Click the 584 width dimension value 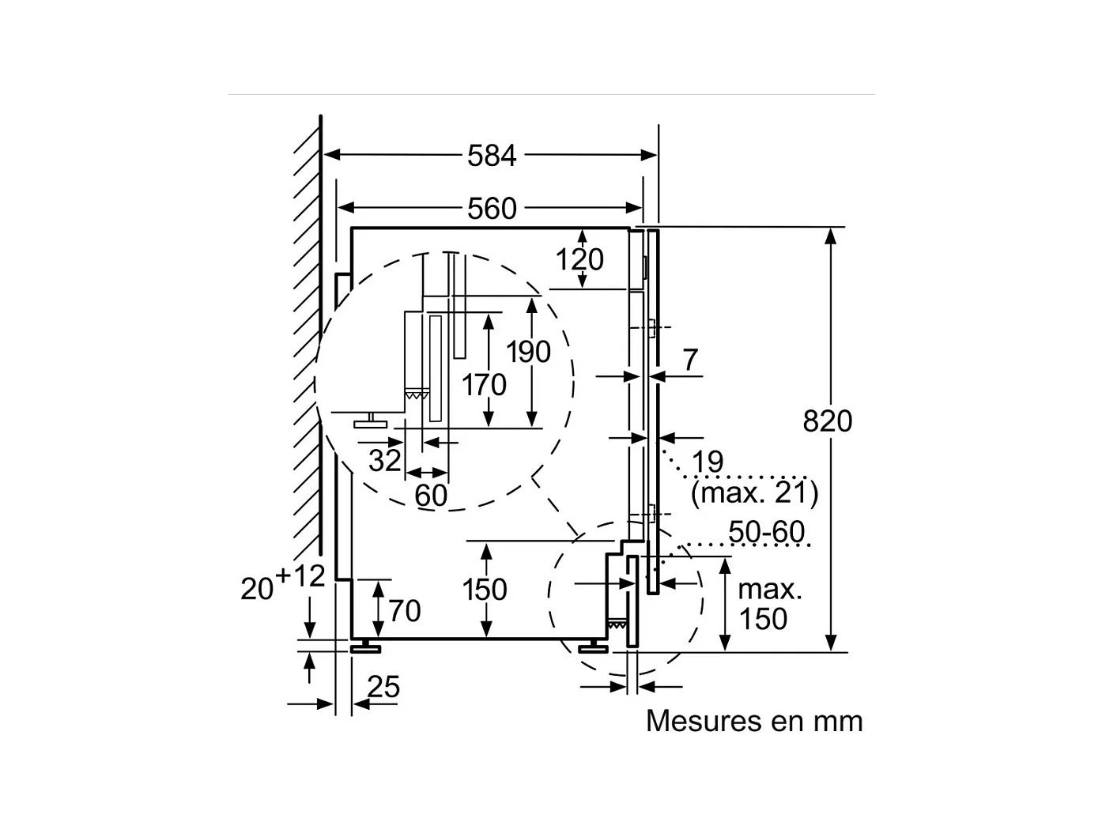[x=492, y=156]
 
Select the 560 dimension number [x=492, y=208]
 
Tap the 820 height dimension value [x=828, y=421]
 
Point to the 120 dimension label [x=579, y=259]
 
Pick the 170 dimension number [x=484, y=385]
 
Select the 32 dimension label [x=384, y=460]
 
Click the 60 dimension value [x=431, y=496]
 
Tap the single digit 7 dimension [x=690, y=360]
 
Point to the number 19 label [x=708, y=461]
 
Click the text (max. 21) [x=755, y=492]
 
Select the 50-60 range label [x=767, y=531]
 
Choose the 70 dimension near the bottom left [x=405, y=611]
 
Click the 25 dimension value [x=383, y=686]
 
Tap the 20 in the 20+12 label [x=257, y=589]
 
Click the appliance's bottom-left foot [x=365, y=647]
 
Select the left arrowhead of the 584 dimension [x=332, y=155]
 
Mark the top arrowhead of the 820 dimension [x=830, y=236]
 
